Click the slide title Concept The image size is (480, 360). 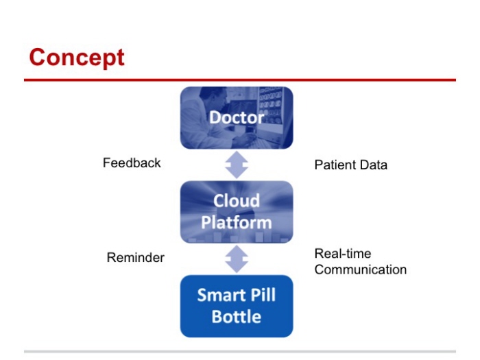[77, 57]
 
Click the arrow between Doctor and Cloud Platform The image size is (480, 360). [237, 165]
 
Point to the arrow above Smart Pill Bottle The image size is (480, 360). [237, 259]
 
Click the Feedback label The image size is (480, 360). [132, 163]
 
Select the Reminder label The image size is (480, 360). [135, 258]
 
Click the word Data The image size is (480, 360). [374, 165]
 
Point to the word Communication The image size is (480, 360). [361, 269]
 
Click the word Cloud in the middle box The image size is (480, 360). [237, 202]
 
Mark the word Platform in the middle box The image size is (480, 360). [237, 223]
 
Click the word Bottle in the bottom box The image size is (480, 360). [237, 317]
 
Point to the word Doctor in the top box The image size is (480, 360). [237, 117]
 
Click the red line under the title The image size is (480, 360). [240, 80]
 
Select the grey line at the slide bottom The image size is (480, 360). [240, 352]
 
